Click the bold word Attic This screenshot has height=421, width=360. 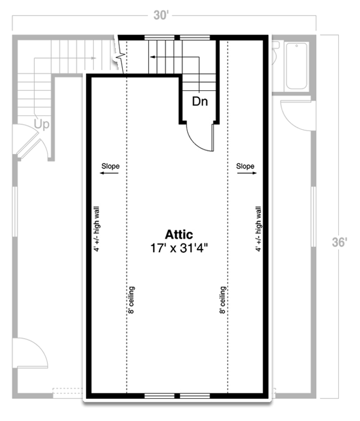click(179, 235)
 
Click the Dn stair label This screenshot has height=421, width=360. click(200, 102)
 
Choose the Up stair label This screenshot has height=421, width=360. click(42, 124)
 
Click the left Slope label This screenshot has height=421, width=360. click(110, 166)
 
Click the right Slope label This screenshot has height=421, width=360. click(245, 166)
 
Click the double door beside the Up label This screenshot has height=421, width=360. click(26, 140)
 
